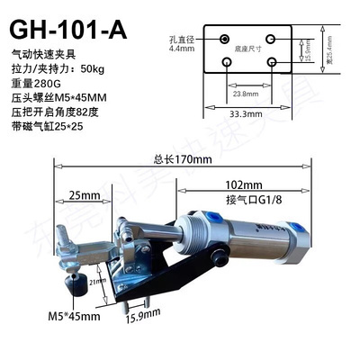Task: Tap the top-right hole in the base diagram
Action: pyautogui.click(x=272, y=40)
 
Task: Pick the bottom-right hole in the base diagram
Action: pyautogui.click(x=272, y=62)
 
